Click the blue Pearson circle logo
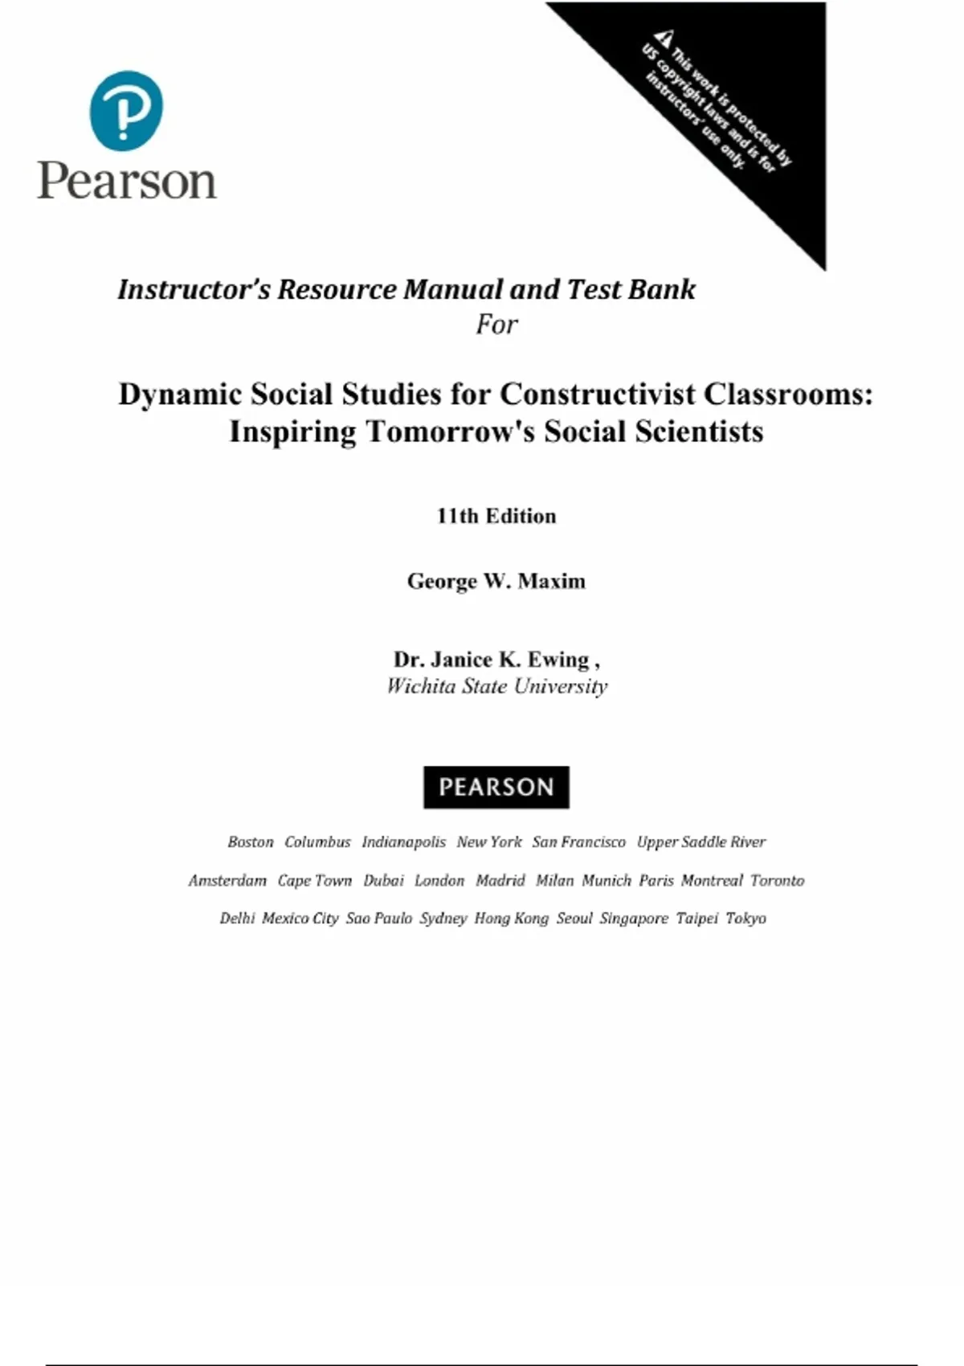[126, 111]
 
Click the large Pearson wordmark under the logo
[127, 180]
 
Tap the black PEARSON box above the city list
[496, 787]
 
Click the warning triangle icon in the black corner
[663, 38]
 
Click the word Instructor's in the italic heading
[194, 289]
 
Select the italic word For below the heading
[496, 325]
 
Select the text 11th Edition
[496, 516]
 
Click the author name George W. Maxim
[496, 581]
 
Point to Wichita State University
[496, 686]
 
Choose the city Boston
[250, 842]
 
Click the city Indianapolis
[403, 842]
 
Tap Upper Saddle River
[701, 842]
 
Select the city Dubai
[383, 881]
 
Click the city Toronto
[777, 881]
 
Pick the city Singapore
[633, 918]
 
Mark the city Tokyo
[745, 918]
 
